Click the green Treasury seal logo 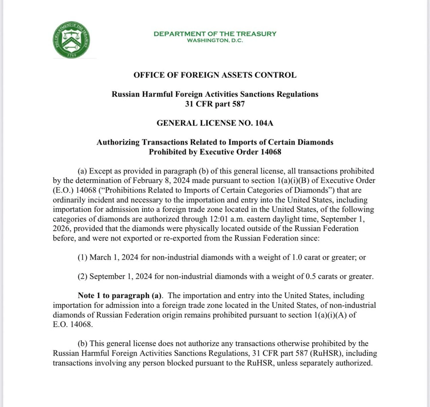click(x=71, y=40)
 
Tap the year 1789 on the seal click(x=71, y=55)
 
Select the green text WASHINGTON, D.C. click(x=215, y=40)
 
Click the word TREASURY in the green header click(x=256, y=34)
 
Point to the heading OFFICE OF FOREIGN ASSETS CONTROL click(x=215, y=75)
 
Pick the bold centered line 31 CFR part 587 click(x=215, y=104)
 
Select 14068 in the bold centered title click(x=271, y=152)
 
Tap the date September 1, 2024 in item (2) click(x=121, y=276)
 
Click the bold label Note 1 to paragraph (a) click(x=120, y=296)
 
